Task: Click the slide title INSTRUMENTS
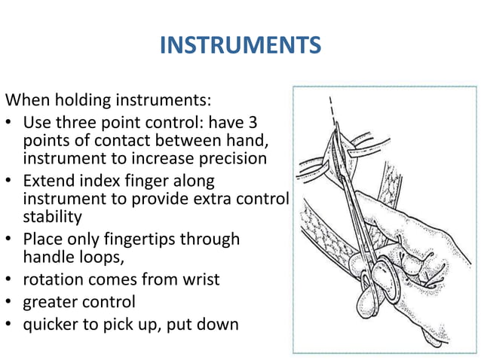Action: (240, 46)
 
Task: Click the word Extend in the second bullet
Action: (51, 182)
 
